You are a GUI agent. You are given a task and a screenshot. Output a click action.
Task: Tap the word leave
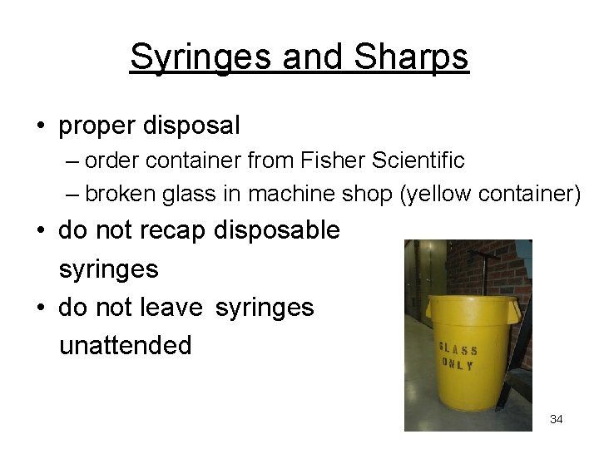tap(174, 308)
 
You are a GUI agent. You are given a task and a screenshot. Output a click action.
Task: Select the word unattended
tap(126, 344)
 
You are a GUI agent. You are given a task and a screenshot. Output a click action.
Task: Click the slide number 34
tap(556, 419)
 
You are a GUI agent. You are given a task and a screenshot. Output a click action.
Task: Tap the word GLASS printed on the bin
tap(459, 350)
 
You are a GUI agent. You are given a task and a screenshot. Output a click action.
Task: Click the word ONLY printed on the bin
tap(459, 365)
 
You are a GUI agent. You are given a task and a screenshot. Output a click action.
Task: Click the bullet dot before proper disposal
tap(40, 126)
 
